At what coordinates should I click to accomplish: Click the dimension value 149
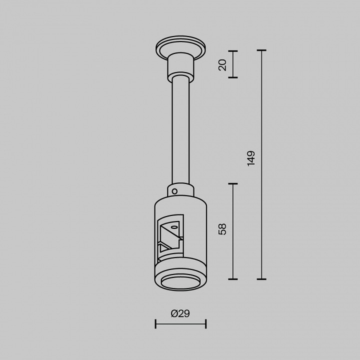coord(251,158)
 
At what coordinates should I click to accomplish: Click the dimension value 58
coord(223,229)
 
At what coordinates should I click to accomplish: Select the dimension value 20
coord(223,64)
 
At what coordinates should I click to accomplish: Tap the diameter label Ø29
coord(180,313)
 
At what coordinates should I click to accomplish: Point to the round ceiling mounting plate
coord(180,47)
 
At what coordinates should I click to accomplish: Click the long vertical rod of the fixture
coord(180,130)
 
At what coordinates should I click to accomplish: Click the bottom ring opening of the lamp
coord(180,281)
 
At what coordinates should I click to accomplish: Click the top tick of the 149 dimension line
coord(261,50)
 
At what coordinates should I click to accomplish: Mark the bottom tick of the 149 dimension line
coord(261,279)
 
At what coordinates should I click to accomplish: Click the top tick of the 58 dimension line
coord(233,184)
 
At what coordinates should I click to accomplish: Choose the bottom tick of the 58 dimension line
coord(233,279)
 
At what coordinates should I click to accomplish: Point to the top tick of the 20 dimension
coord(233,51)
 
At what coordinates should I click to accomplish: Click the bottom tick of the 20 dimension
coord(233,77)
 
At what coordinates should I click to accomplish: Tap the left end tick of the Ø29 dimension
coord(155,324)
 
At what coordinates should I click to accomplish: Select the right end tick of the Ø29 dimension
coord(205,324)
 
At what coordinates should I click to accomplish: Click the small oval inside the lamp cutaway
coord(174,227)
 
